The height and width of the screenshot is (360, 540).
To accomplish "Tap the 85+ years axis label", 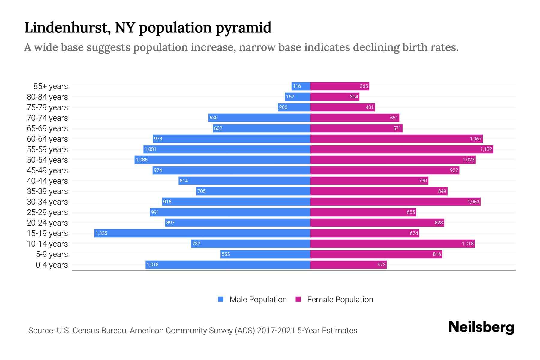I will click(51, 86).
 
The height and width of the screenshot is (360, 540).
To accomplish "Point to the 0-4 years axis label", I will click(52, 265).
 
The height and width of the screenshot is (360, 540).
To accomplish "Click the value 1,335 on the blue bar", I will click(101, 233).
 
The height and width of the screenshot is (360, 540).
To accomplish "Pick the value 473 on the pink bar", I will click(381, 265).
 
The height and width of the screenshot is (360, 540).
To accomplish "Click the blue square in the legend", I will click(221, 299).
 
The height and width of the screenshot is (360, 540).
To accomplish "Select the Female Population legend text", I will click(340, 300).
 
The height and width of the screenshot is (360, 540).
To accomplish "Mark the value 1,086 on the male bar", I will click(142, 160).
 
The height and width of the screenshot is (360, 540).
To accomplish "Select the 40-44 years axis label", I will click(47, 181).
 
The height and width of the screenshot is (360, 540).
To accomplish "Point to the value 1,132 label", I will click(486, 149).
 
